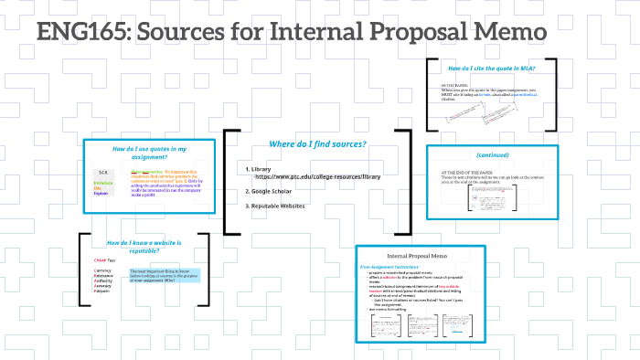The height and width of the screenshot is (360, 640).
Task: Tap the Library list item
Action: pos(261,169)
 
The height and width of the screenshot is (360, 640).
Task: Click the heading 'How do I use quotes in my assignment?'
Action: pos(149,153)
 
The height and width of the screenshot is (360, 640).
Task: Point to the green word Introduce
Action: pos(102,183)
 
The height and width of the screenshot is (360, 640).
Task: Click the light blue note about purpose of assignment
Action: pos(164,275)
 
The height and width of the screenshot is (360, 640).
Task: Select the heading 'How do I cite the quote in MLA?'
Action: pos(491,69)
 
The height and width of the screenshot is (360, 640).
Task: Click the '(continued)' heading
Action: pos(491,154)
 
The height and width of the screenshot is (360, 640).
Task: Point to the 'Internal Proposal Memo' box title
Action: pos(421,256)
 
